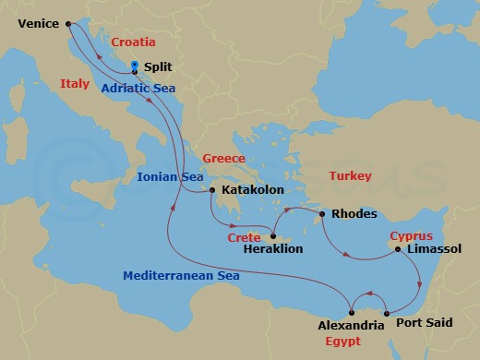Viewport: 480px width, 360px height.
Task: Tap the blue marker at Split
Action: pos(135,66)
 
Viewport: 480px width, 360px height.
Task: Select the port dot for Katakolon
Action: pos(212,190)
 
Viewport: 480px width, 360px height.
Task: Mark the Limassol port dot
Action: pos(397,249)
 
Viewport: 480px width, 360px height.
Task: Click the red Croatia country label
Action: pos(132,43)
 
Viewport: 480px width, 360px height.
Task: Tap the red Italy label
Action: pos(74,84)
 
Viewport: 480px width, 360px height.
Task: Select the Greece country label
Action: pos(223,158)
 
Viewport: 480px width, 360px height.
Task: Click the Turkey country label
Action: pos(350,175)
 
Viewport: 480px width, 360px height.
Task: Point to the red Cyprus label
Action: pos(411,236)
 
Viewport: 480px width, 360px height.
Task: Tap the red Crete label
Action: pos(244,237)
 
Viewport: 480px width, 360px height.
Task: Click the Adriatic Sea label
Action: pos(138,88)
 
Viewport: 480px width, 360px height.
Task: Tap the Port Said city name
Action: pos(424,324)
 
